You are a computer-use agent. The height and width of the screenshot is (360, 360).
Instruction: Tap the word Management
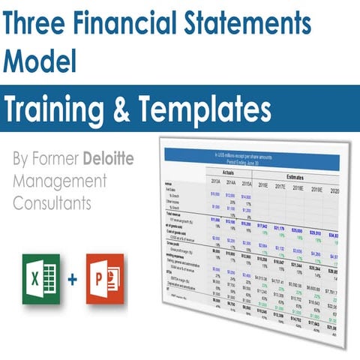click(61, 181)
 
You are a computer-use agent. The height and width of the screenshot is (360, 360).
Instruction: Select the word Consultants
click(57, 202)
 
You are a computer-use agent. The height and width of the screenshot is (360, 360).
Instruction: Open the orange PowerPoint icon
click(106, 278)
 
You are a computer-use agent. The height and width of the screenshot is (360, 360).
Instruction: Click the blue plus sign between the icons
click(72, 279)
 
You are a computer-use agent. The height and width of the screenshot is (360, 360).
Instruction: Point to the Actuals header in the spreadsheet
click(217, 172)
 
